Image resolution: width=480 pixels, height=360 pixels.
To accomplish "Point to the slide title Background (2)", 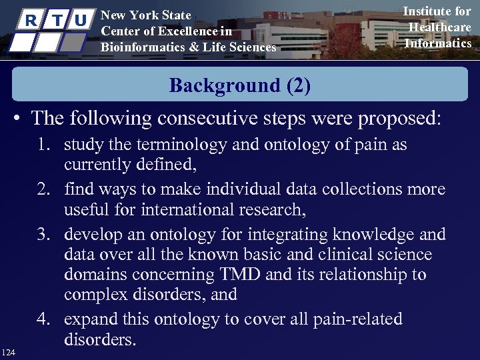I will coord(239,85).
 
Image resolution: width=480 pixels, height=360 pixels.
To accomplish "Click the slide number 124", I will coord(9,351).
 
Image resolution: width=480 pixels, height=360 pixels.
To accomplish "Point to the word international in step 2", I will coord(159,211).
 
